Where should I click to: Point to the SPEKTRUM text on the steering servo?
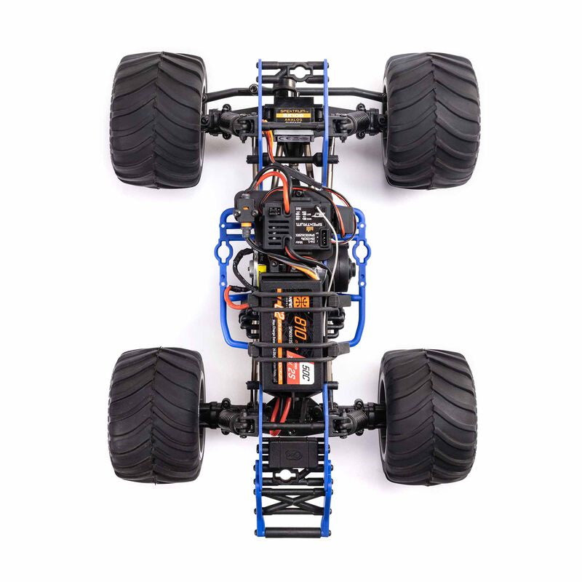coord(291,111)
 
